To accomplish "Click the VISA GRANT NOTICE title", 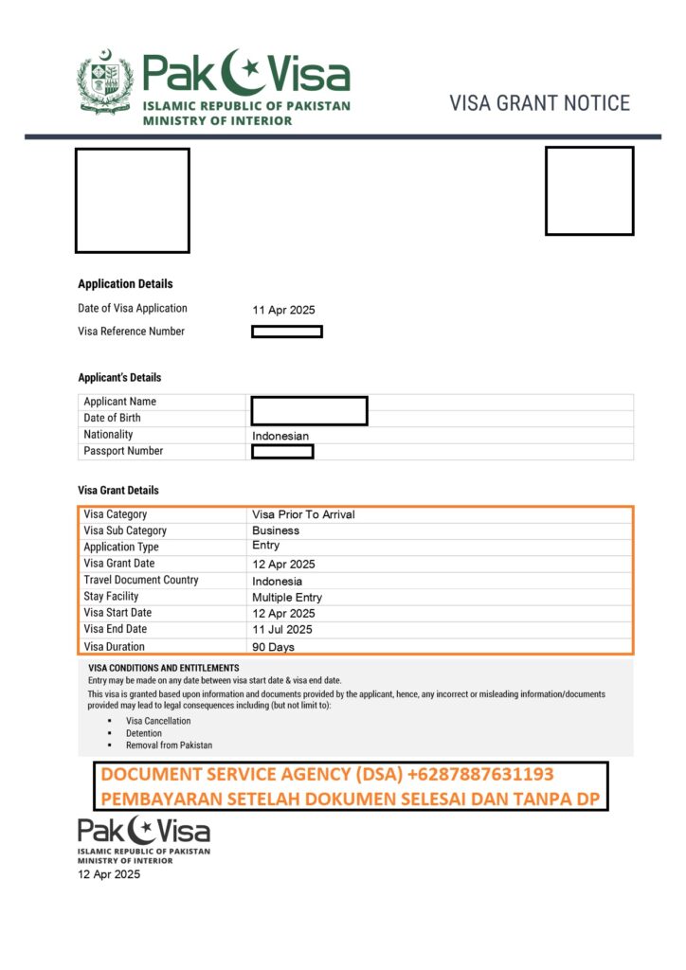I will point(539,103).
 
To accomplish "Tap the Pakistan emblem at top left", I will point(105,85).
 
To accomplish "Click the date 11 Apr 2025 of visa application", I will point(283,310).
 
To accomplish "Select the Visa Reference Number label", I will point(131,332).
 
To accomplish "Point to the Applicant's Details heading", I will point(119,378).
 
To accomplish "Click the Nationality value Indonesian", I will point(280,436).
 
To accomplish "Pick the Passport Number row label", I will point(123,451).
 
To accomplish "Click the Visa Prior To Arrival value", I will point(303,514).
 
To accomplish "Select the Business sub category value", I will point(276,530).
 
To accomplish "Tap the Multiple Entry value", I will point(287,598).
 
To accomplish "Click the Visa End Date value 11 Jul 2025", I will point(282,629).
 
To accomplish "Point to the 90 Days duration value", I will point(273,647).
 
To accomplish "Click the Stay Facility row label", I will point(111,597).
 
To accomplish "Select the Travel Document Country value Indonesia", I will point(278,581).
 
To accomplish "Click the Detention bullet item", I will point(144,733).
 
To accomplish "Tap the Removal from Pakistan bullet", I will point(170,745).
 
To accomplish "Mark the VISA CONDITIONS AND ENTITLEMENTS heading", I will point(163,668).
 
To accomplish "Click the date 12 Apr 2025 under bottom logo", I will point(109,874).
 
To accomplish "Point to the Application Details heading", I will point(125,284).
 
